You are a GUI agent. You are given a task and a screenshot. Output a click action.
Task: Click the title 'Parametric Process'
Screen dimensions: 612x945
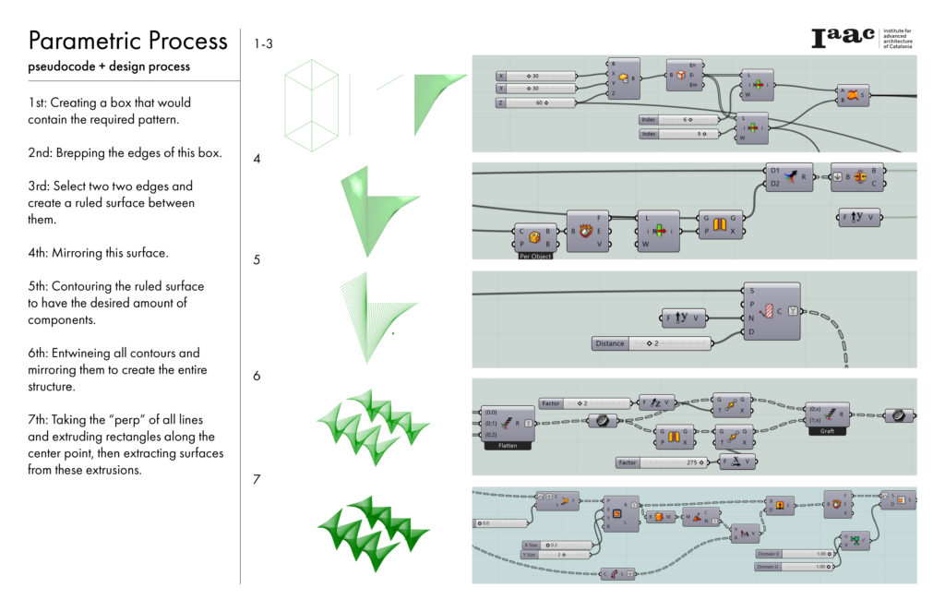point(127,42)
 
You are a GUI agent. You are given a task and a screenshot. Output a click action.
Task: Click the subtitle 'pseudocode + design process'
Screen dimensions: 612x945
point(109,66)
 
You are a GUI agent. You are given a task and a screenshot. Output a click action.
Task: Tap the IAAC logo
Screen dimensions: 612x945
point(844,38)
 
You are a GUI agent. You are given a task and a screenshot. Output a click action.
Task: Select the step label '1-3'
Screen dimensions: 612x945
point(262,43)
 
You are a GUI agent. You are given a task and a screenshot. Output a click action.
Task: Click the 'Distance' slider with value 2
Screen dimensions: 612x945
point(652,344)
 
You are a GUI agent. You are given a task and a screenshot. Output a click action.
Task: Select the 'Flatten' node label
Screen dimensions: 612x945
point(508,445)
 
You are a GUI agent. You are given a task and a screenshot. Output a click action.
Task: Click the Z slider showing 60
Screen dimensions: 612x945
point(535,102)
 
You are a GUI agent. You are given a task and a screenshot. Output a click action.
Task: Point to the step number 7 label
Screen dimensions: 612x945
point(257,479)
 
